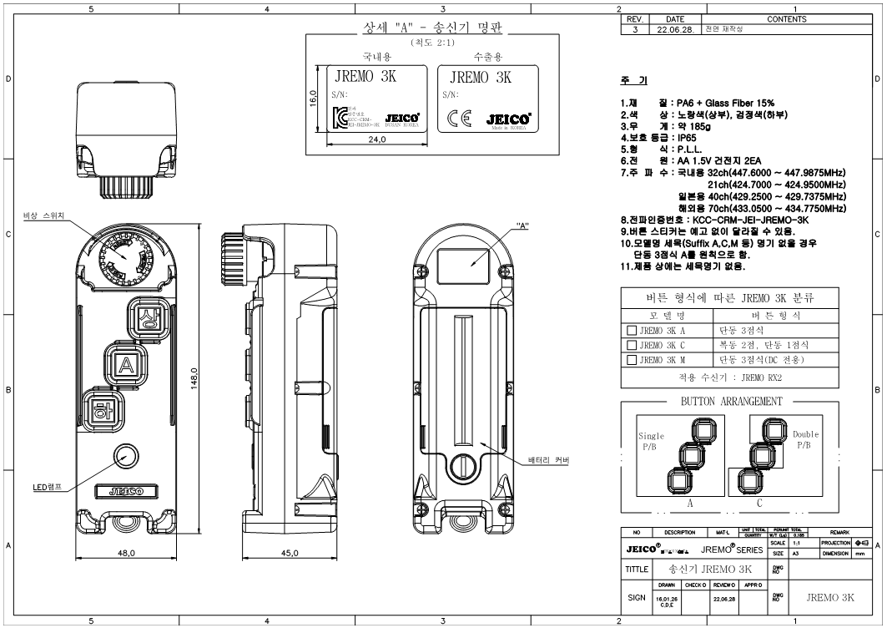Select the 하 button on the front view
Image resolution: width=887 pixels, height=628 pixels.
click(x=102, y=410)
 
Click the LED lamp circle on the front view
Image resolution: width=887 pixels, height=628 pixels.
click(x=126, y=456)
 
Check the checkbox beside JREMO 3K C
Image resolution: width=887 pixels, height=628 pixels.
click(x=632, y=345)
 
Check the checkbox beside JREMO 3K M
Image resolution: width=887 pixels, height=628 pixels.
click(x=632, y=360)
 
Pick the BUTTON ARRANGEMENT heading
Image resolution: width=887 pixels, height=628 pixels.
click(x=733, y=401)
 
